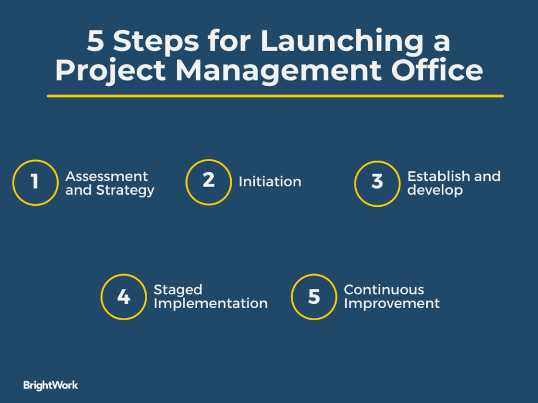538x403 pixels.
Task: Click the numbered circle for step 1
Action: pos(35,183)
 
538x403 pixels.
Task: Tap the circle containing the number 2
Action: pos(208,181)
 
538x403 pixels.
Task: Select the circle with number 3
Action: pos(377,183)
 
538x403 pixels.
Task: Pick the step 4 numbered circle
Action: pos(124,297)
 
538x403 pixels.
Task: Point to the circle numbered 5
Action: pos(313,297)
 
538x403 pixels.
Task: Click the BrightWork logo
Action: pos(51,385)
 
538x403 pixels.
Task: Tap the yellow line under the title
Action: pos(275,96)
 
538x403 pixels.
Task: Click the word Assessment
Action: pos(107,177)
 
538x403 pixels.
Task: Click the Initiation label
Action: pos(270,182)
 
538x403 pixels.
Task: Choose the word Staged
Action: pos(178,290)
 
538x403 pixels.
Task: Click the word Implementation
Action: pos(210,303)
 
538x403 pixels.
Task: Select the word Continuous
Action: pos(384,290)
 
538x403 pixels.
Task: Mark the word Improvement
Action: pos(391,303)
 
